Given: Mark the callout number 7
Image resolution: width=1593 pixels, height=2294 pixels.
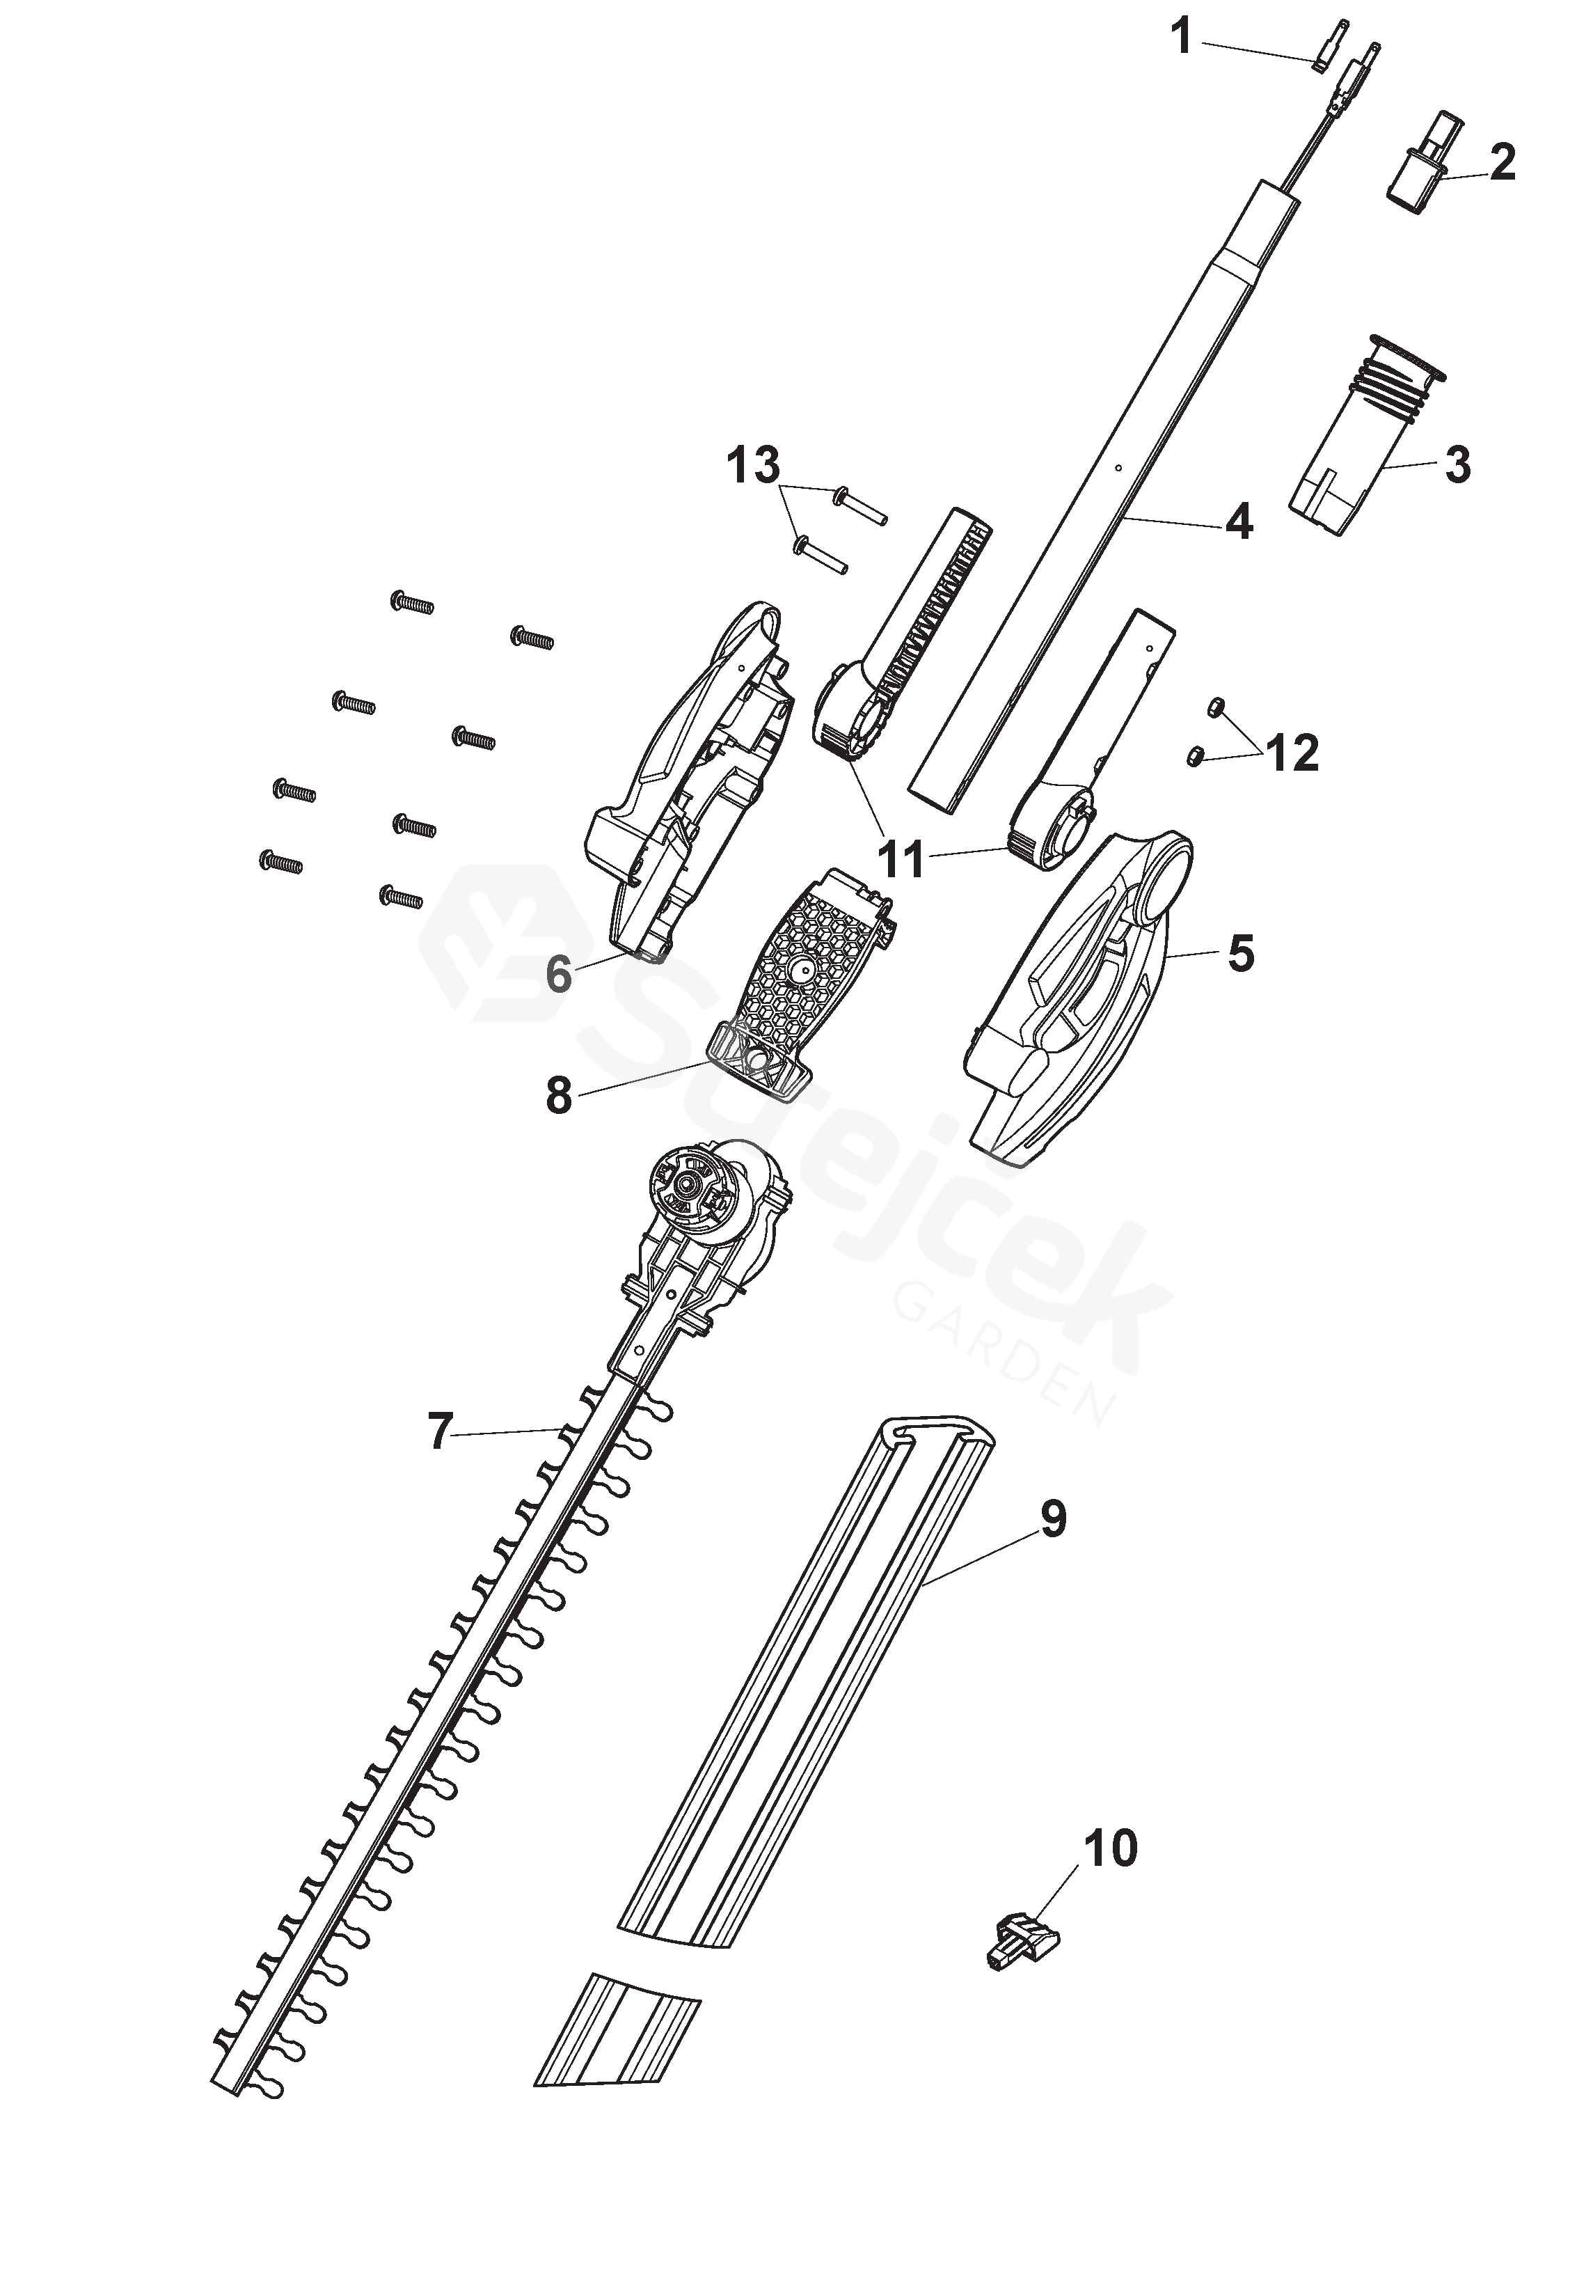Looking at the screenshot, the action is pos(439,1431).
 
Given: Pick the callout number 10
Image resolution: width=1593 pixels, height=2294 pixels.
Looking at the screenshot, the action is pos(1110,1849).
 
